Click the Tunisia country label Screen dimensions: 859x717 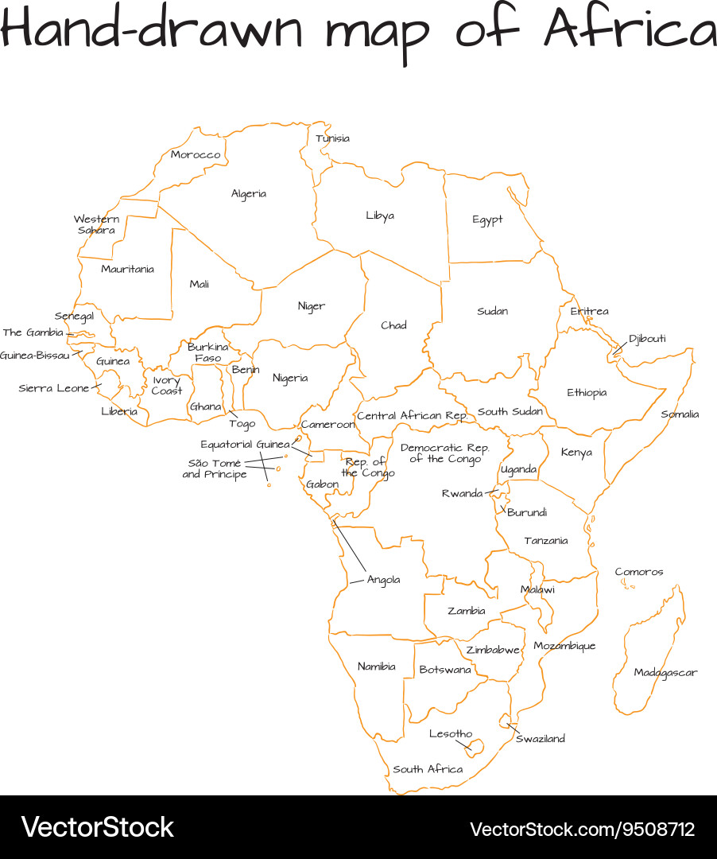[332, 138]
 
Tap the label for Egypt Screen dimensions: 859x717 [487, 220]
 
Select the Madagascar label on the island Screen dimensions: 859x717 [665, 673]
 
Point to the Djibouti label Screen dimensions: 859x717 [647, 339]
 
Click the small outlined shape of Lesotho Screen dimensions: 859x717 [475, 747]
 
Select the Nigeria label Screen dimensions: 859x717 [290, 378]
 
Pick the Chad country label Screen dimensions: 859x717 [393, 325]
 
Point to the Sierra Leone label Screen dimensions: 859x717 [54, 389]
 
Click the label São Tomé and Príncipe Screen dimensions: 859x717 [215, 468]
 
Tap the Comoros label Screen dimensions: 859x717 [638, 572]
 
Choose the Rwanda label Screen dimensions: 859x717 [462, 494]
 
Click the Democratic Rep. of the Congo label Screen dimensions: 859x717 [444, 453]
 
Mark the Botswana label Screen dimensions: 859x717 [445, 670]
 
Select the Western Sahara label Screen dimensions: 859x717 [97, 224]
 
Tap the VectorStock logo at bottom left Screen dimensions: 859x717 [97, 827]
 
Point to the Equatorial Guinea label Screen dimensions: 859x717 [245, 445]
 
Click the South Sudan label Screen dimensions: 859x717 [510, 412]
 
